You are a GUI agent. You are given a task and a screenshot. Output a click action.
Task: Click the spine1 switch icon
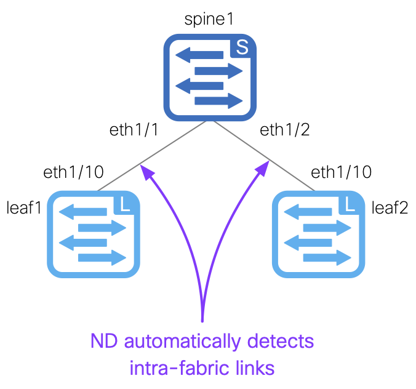pos(210,78)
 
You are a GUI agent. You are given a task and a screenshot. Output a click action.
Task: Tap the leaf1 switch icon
pos(94,235)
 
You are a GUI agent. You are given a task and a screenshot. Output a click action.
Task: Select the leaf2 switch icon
pos(319,235)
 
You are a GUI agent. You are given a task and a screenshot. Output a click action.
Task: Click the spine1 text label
pos(210,18)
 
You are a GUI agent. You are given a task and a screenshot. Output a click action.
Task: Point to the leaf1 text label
pos(24,207)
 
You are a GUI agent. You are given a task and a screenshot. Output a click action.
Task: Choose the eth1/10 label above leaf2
pos(341,172)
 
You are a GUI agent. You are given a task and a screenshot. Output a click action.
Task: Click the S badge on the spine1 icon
pos(242,49)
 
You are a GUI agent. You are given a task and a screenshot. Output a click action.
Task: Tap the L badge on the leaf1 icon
pos(126,204)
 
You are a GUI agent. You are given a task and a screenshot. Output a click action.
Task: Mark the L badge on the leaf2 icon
pos(350,204)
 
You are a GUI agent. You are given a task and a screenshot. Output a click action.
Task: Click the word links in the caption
pos(252,369)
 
